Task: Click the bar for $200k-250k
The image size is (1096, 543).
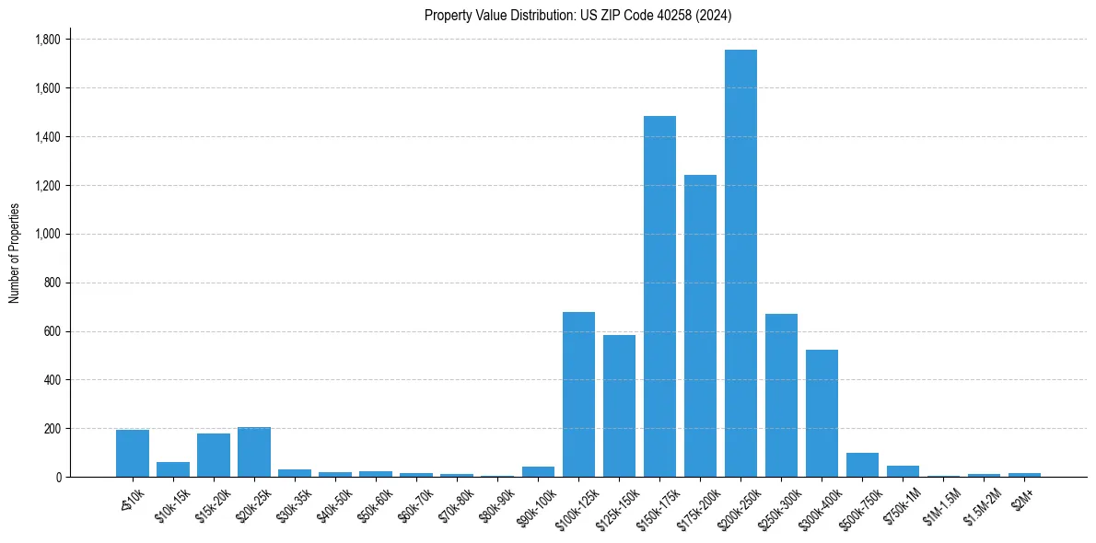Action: [740, 263]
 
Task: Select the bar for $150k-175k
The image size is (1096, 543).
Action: [659, 296]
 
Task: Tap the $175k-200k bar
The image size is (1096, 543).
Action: [700, 326]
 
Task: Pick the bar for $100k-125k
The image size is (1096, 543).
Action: [578, 395]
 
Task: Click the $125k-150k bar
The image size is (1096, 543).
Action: [619, 406]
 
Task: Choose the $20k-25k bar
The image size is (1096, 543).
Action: [253, 452]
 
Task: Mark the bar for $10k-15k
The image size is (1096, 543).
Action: [172, 469]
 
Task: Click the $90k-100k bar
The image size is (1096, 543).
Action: [538, 472]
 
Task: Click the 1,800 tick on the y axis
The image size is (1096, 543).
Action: [47, 40]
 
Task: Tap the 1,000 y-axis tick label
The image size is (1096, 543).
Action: [47, 234]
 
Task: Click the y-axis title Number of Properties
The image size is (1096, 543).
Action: [14, 253]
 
